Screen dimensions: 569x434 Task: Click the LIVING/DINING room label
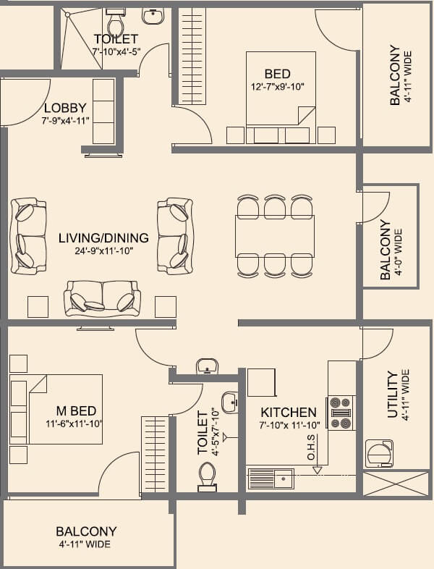[x=103, y=237]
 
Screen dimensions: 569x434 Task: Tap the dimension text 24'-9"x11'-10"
[x=103, y=251]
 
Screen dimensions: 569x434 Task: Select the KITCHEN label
[x=289, y=412]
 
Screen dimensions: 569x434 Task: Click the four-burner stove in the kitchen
[x=341, y=413]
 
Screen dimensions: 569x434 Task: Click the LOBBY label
[x=65, y=108]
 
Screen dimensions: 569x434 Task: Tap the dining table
[x=275, y=236]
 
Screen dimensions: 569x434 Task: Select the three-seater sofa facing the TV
[x=103, y=297]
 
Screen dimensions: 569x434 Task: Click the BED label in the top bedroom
[x=277, y=74]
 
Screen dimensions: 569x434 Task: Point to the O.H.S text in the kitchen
[x=311, y=447]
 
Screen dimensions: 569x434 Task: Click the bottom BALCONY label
[x=86, y=531]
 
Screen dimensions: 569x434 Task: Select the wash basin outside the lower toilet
[x=208, y=366]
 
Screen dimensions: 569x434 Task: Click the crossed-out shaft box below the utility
[x=395, y=484]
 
